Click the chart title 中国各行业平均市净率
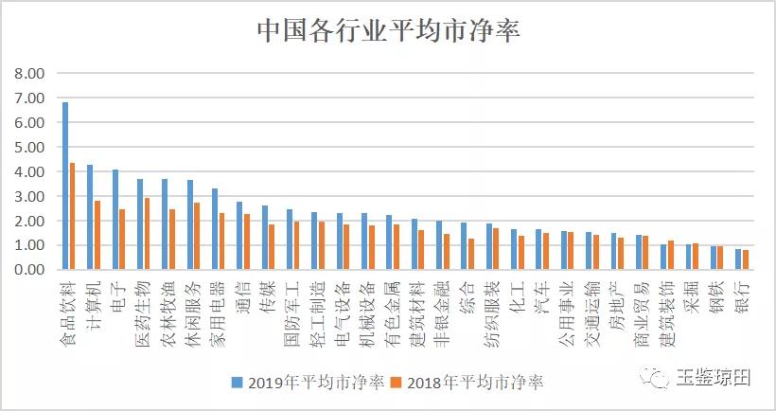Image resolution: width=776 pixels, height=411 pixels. click(388, 30)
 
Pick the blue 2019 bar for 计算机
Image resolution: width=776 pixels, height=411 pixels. click(90, 217)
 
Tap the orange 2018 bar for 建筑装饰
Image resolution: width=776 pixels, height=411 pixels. click(670, 255)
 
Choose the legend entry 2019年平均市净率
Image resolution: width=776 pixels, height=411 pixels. click(309, 383)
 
